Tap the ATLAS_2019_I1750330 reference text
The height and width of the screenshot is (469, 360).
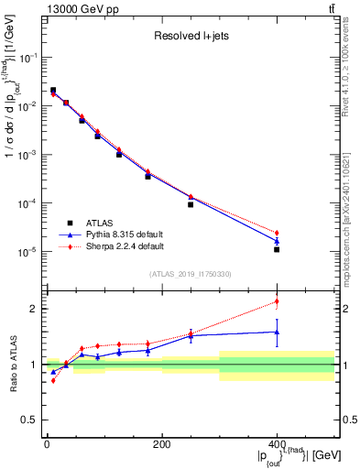tap(189, 273)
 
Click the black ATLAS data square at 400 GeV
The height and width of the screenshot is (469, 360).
tap(277, 249)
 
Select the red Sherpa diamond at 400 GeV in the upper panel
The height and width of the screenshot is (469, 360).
tap(277, 233)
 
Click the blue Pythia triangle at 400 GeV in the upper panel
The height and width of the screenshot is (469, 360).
tap(277, 241)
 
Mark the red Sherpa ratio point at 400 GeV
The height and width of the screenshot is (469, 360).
tap(277, 301)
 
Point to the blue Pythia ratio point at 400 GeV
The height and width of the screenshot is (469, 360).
tap(277, 333)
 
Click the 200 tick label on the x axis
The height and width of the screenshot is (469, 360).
tap(161, 444)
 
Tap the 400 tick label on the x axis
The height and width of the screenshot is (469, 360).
tap(277, 444)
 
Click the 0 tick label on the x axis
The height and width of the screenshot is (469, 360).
tap(47, 444)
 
